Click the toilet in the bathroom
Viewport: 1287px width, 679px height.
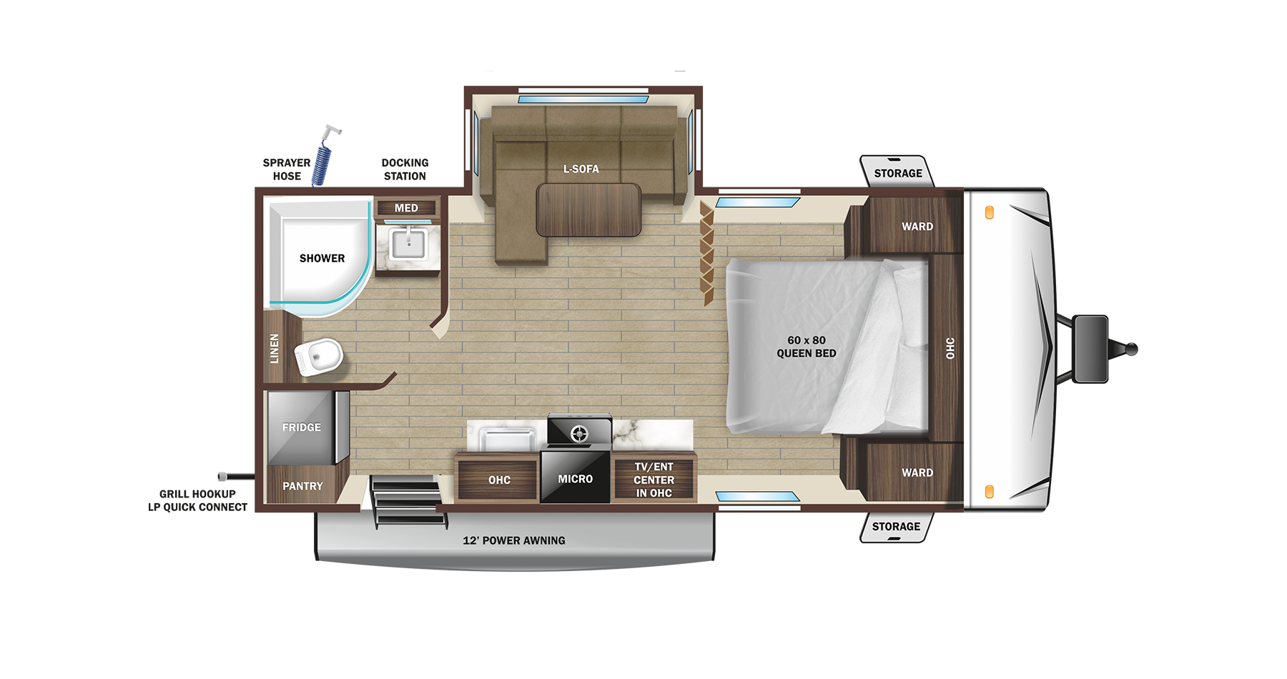(319, 356)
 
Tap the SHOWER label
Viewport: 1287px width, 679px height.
(322, 258)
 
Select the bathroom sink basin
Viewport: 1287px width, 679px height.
(408, 244)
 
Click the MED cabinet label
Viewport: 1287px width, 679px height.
(406, 208)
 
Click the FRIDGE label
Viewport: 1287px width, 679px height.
(301, 427)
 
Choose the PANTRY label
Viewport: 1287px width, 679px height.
(302, 486)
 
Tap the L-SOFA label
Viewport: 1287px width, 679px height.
(581, 169)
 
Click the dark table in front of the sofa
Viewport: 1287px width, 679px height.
(588, 209)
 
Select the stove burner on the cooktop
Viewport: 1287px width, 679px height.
(579, 433)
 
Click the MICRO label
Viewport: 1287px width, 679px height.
(576, 479)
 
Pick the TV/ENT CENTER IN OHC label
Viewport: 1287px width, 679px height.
(654, 480)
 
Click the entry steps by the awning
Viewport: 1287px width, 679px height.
(406, 501)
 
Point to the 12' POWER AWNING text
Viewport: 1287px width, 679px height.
(513, 540)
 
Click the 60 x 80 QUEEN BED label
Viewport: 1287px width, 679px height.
(807, 347)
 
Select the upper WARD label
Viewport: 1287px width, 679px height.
(917, 227)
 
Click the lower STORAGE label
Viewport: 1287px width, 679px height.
(896, 527)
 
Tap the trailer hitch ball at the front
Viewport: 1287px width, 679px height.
(1131, 350)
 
